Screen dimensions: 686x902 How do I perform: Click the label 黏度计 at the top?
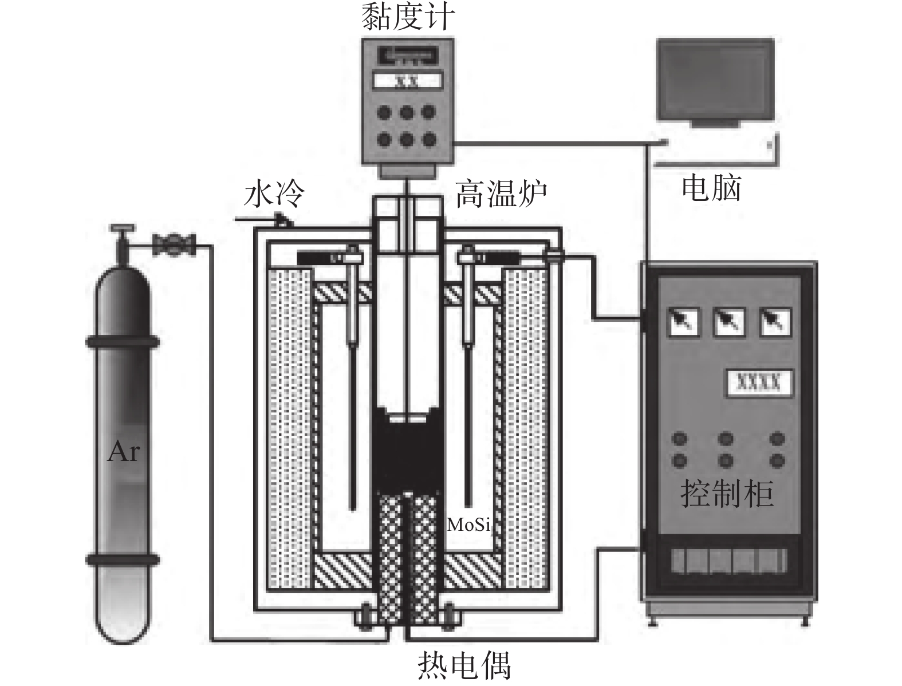click(408, 17)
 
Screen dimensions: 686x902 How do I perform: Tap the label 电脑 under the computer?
click(711, 188)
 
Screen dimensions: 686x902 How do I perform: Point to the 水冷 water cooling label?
click(274, 195)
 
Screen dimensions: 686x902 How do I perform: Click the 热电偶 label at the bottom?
click(464, 665)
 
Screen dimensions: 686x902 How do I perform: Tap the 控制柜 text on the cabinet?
click(727, 493)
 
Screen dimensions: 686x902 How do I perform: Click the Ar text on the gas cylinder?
click(123, 452)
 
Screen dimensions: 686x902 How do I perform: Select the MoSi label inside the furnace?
click(468, 524)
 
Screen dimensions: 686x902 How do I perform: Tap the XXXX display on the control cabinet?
click(757, 382)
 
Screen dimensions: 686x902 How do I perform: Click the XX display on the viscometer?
click(407, 81)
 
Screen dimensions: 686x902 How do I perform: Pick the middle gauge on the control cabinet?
click(728, 321)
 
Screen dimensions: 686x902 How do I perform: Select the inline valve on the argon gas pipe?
click(174, 245)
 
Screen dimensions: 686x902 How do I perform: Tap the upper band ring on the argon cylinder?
click(123, 342)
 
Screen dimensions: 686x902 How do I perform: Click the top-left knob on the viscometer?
click(385, 112)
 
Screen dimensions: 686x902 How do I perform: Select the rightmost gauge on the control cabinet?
click(774, 321)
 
